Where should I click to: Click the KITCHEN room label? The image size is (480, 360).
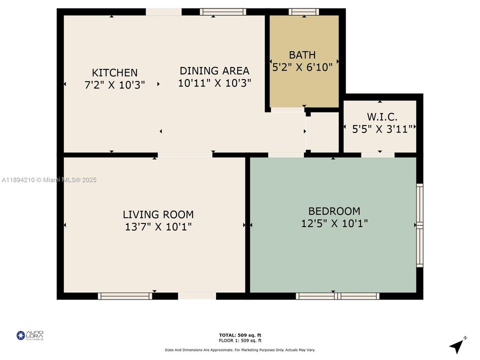114,72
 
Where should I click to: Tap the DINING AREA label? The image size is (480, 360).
214,70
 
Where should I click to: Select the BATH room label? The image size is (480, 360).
302,54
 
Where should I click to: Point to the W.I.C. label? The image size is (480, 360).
382,117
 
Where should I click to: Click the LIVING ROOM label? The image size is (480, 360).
158,214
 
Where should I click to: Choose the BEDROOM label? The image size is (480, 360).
334,211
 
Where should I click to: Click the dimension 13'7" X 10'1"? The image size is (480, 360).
158,227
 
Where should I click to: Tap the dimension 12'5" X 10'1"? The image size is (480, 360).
334,223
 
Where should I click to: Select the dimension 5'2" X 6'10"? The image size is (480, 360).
302,67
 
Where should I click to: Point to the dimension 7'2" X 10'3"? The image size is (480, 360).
114,85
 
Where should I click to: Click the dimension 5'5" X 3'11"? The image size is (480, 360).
379,129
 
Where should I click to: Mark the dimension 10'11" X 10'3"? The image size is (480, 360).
214,83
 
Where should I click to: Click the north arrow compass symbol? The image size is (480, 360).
457,345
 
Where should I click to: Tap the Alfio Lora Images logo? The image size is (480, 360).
30,335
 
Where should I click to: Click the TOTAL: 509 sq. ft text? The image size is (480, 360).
240,335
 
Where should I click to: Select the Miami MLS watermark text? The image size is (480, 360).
49,180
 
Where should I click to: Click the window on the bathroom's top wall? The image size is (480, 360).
303,12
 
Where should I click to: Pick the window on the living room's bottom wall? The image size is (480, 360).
125,296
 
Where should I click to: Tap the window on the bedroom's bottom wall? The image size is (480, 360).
337,296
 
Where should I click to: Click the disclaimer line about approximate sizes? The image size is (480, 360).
240,349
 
